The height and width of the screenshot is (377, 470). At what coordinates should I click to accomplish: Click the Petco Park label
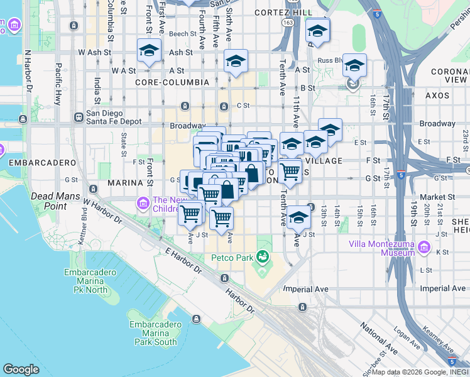click(x=231, y=258)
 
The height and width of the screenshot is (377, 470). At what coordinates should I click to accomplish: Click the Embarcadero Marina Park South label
click(x=156, y=333)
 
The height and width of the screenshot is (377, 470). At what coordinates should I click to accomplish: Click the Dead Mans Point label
click(x=57, y=201)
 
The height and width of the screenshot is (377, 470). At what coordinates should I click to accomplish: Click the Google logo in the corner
click(x=21, y=369)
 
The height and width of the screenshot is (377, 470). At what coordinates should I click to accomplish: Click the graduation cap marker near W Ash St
click(x=149, y=50)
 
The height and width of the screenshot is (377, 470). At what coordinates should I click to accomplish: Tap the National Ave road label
click(x=378, y=338)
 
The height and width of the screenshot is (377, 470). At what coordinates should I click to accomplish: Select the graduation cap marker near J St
click(x=299, y=216)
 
